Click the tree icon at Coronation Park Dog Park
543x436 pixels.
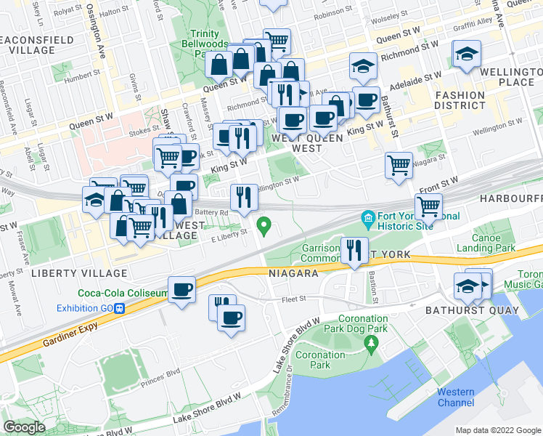[372, 342]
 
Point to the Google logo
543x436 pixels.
[24, 427]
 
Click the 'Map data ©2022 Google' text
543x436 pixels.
[498, 430]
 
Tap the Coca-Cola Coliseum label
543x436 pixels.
[122, 294]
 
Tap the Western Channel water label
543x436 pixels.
[456, 397]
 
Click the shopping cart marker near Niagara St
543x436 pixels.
[399, 166]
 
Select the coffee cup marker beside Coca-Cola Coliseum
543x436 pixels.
[181, 290]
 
